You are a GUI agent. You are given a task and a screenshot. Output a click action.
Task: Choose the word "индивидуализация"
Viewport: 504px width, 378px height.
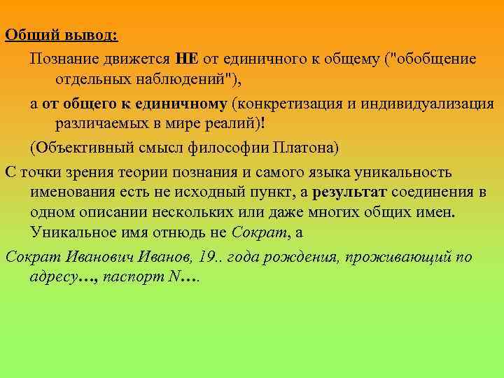click(x=425, y=104)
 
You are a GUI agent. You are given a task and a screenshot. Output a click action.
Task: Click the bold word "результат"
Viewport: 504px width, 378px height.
click(x=349, y=192)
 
